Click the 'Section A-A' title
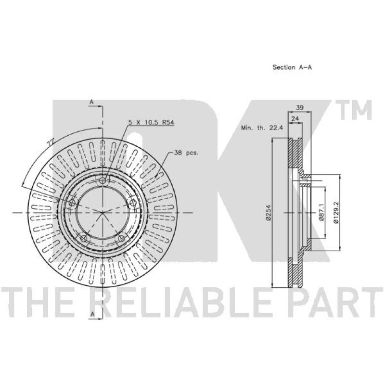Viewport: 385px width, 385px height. pos(292,67)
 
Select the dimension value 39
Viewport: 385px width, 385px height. pos(300,107)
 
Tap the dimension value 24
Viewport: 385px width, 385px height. pos(295,118)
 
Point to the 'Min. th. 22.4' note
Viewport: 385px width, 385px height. pos(262,128)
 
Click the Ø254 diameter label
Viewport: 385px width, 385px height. pos(269,213)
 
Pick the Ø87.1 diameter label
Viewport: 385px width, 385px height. pos(321,212)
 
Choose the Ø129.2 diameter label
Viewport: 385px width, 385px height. pos(336,212)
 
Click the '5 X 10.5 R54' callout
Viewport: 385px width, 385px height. pos(152,122)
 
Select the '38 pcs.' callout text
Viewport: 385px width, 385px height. pos(186,153)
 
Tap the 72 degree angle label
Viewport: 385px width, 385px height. pos(51,142)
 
